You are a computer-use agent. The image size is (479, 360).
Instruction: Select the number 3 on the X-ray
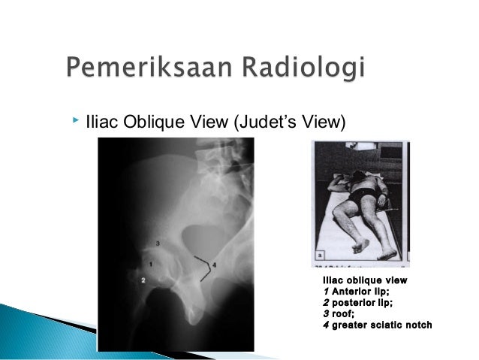click(157, 244)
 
